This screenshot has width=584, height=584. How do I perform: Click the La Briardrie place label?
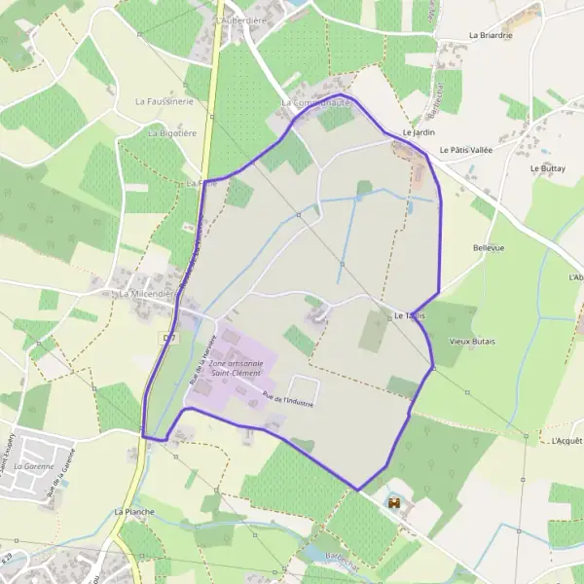(490, 35)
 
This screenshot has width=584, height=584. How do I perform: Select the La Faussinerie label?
(164, 100)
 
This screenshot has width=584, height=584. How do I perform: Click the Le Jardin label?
(417, 130)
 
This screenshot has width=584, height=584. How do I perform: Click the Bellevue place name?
(489, 248)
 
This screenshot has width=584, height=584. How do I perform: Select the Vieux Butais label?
(472, 342)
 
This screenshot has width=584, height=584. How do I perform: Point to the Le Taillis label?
(413, 316)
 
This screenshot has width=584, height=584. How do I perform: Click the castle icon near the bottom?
(394, 503)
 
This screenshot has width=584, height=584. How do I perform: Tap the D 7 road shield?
(169, 337)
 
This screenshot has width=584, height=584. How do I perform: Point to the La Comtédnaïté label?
(313, 102)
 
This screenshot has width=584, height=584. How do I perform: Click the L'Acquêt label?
(566, 441)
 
